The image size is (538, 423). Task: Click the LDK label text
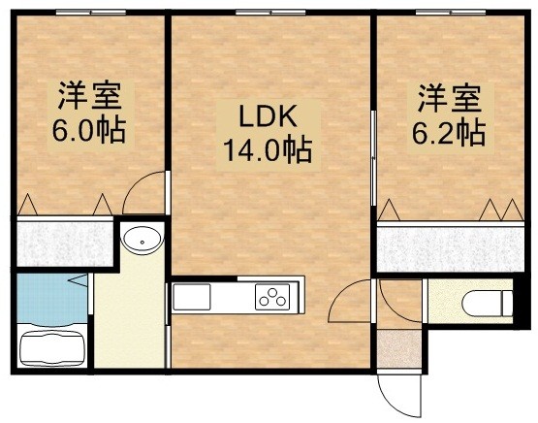tap(268, 116)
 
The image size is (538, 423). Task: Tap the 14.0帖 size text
tap(268, 149)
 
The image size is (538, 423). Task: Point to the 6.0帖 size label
tap(89, 130)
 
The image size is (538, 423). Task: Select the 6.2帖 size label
tap(449, 133)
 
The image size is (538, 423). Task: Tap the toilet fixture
tap(488, 303)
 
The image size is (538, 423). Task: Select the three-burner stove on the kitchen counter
tap(272, 297)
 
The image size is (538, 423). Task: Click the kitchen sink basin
tap(192, 297)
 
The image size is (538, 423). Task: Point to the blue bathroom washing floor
tap(51, 299)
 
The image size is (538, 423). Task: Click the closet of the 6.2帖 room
tap(451, 248)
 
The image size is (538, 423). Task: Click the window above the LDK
tap(270, 13)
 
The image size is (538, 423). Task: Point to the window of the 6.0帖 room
tap(91, 13)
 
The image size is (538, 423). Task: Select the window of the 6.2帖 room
tap(451, 13)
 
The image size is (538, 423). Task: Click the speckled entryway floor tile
tap(399, 349)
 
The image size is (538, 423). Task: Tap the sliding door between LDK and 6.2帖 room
tap(373, 158)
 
